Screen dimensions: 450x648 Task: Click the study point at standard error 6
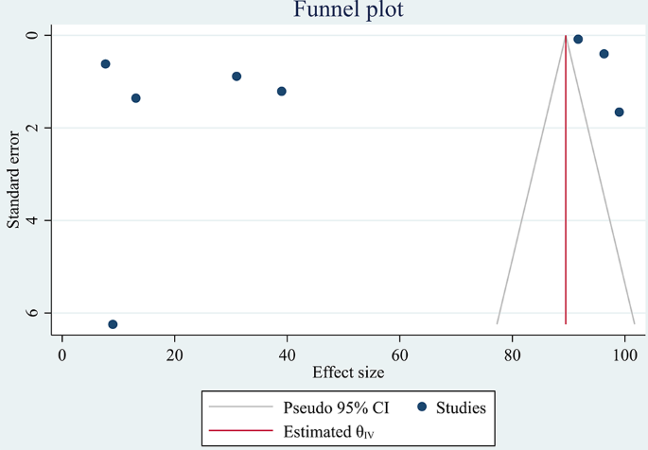[113, 324]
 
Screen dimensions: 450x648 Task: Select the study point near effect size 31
[236, 77]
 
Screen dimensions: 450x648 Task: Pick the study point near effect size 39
[282, 92]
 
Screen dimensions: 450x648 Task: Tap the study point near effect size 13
[135, 98]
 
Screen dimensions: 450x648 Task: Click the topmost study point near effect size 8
[105, 64]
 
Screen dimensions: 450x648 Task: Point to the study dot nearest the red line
[578, 40]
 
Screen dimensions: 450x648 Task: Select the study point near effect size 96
[604, 54]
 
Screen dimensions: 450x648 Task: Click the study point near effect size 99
[619, 112]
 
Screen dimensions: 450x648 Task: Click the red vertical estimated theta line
[566, 189]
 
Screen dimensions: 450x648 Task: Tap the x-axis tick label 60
[399, 355]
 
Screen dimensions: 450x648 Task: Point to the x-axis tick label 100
[624, 355]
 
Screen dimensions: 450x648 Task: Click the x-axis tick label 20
[174, 355]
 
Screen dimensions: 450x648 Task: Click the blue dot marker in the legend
[422, 407]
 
